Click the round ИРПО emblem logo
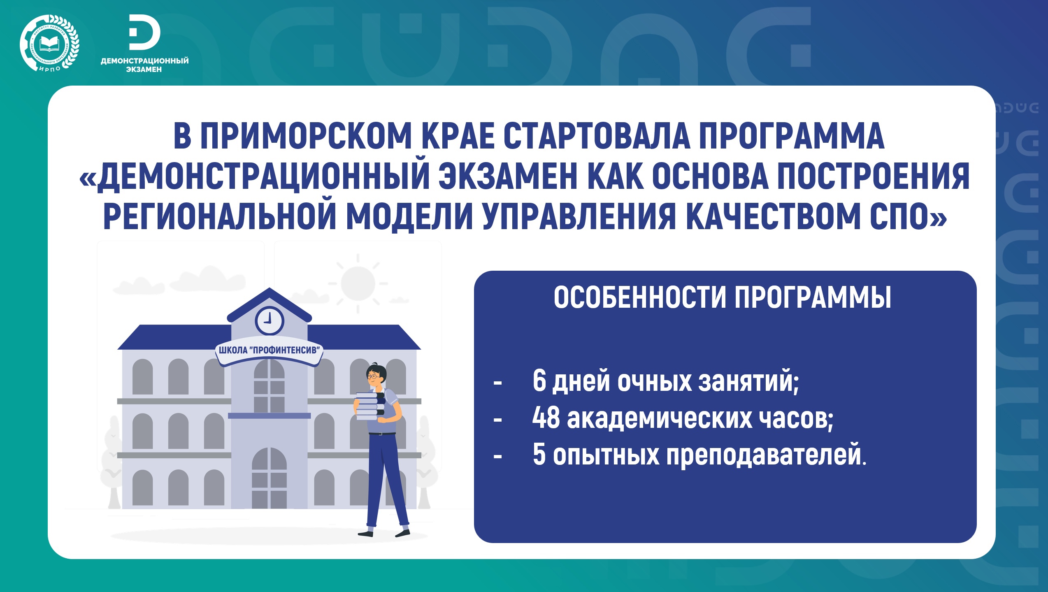[x=49, y=43]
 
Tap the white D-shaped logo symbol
[x=144, y=32]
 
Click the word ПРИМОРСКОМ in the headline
[x=306, y=136]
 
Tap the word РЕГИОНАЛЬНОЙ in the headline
[x=220, y=216]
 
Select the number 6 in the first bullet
[x=539, y=381]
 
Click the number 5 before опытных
[x=539, y=455]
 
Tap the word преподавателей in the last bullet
[x=766, y=456]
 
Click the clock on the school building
[x=270, y=320]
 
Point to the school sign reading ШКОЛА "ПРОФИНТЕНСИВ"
[x=270, y=351]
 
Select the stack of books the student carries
[x=370, y=406]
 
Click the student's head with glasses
[x=376, y=375]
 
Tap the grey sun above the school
[x=358, y=283]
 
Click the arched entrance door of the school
[x=269, y=478]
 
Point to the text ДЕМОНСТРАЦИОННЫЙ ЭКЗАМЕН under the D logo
[x=144, y=65]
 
